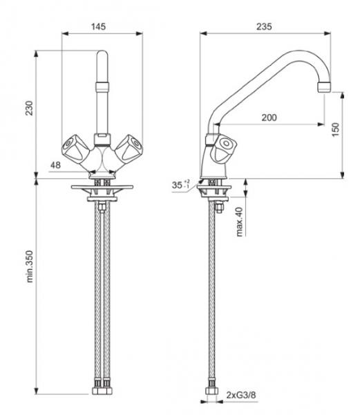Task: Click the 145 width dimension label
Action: coord(98,26)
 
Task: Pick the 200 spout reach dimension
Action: coord(269,118)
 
